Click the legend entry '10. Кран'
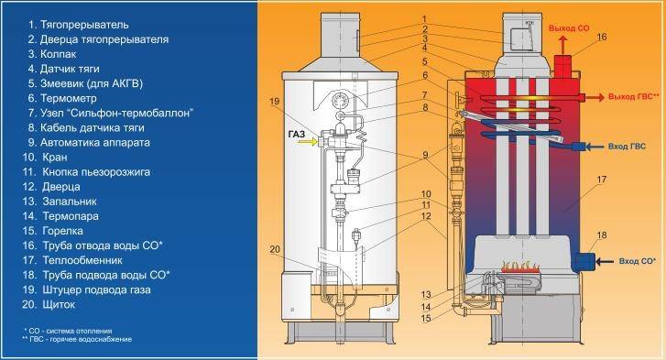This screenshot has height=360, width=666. (59, 157)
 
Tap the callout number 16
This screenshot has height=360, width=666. (601, 38)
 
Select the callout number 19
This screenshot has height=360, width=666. (274, 100)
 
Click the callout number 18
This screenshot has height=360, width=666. (601, 236)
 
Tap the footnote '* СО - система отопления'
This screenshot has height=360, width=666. (68, 329)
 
